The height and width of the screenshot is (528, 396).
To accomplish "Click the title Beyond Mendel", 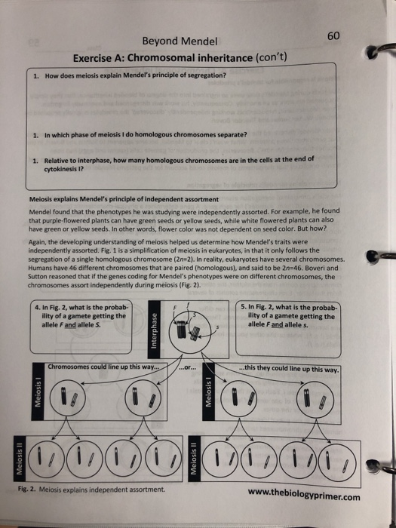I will (174, 41).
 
